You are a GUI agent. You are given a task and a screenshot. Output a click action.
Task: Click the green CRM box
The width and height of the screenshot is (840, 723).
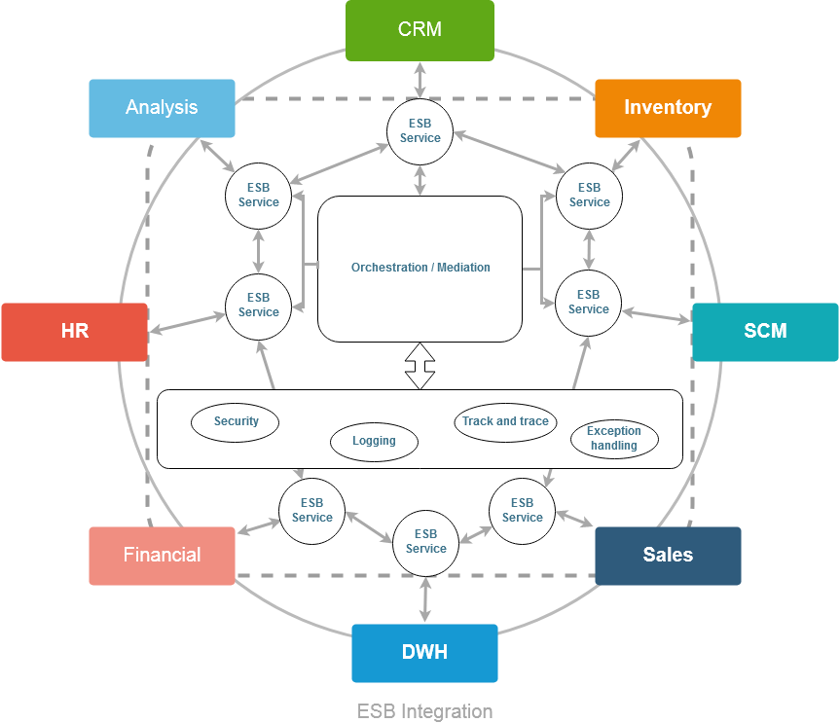point(420,30)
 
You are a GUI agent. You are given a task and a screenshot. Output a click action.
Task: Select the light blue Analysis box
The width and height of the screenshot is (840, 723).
point(162,108)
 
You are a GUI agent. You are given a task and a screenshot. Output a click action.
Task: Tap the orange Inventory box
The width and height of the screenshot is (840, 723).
point(668,108)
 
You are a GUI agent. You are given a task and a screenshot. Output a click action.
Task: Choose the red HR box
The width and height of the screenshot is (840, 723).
point(74,332)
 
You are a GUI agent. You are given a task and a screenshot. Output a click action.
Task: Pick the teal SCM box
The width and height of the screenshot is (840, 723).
point(765,332)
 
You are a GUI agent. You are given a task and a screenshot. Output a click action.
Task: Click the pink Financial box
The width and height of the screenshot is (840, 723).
point(162,556)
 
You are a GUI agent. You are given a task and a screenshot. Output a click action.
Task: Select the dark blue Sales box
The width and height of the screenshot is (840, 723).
point(668,556)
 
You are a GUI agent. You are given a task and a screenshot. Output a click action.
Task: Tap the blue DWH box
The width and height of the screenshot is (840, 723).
point(424,653)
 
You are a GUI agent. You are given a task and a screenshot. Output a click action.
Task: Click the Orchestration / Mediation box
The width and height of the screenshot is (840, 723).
point(420,269)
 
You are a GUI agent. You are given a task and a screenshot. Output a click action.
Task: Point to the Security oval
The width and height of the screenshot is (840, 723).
point(235,422)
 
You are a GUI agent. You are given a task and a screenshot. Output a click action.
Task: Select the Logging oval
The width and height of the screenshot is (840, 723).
point(374,441)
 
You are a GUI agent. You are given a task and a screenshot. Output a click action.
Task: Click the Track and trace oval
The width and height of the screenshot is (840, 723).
point(505,422)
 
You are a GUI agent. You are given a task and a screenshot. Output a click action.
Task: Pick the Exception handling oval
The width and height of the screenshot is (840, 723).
point(614,439)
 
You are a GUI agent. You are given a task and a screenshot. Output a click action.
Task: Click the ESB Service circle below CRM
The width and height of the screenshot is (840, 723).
point(420,131)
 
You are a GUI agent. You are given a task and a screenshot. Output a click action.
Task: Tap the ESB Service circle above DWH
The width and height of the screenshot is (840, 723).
point(425,542)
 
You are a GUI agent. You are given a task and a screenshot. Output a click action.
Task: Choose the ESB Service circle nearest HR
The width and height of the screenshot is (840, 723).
point(258,306)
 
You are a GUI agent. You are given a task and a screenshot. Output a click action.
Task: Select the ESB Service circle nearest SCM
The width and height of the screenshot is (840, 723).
point(588,303)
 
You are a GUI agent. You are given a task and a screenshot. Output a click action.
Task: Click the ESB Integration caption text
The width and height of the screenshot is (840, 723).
point(424,711)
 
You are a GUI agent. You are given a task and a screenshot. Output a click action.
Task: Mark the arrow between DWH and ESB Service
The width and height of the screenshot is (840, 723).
point(425,599)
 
